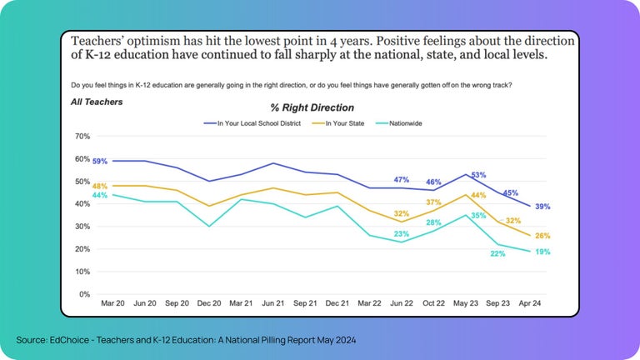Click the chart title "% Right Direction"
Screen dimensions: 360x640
click(x=312, y=107)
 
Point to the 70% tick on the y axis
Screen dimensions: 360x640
click(x=82, y=136)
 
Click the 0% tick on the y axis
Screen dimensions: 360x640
click(x=85, y=294)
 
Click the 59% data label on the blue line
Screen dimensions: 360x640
click(x=100, y=161)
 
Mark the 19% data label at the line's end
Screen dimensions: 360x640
click(x=542, y=252)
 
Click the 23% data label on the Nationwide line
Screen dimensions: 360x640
click(x=401, y=234)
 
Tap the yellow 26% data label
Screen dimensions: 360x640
click(x=542, y=236)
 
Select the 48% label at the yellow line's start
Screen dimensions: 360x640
click(x=100, y=186)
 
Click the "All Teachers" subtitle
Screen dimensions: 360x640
click(x=97, y=102)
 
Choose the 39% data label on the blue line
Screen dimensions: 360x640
click(x=542, y=207)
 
